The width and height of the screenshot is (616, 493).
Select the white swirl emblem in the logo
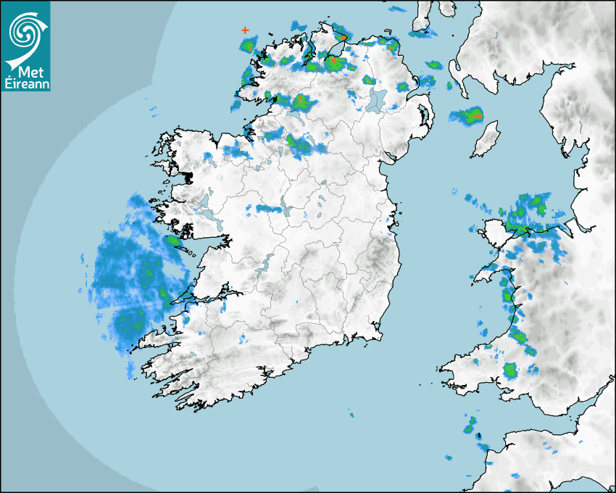tap(25, 33)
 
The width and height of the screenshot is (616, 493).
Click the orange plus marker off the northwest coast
tap(245, 30)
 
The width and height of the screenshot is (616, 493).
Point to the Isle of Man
tap(486, 139)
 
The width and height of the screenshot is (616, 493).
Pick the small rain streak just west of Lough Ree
tap(268, 209)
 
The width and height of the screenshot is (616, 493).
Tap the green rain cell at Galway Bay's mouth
tap(173, 241)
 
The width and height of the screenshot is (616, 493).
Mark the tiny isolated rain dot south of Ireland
tap(351, 415)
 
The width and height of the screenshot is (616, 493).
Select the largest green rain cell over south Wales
tap(511, 370)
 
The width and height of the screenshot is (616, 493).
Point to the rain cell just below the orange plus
tap(247, 46)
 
